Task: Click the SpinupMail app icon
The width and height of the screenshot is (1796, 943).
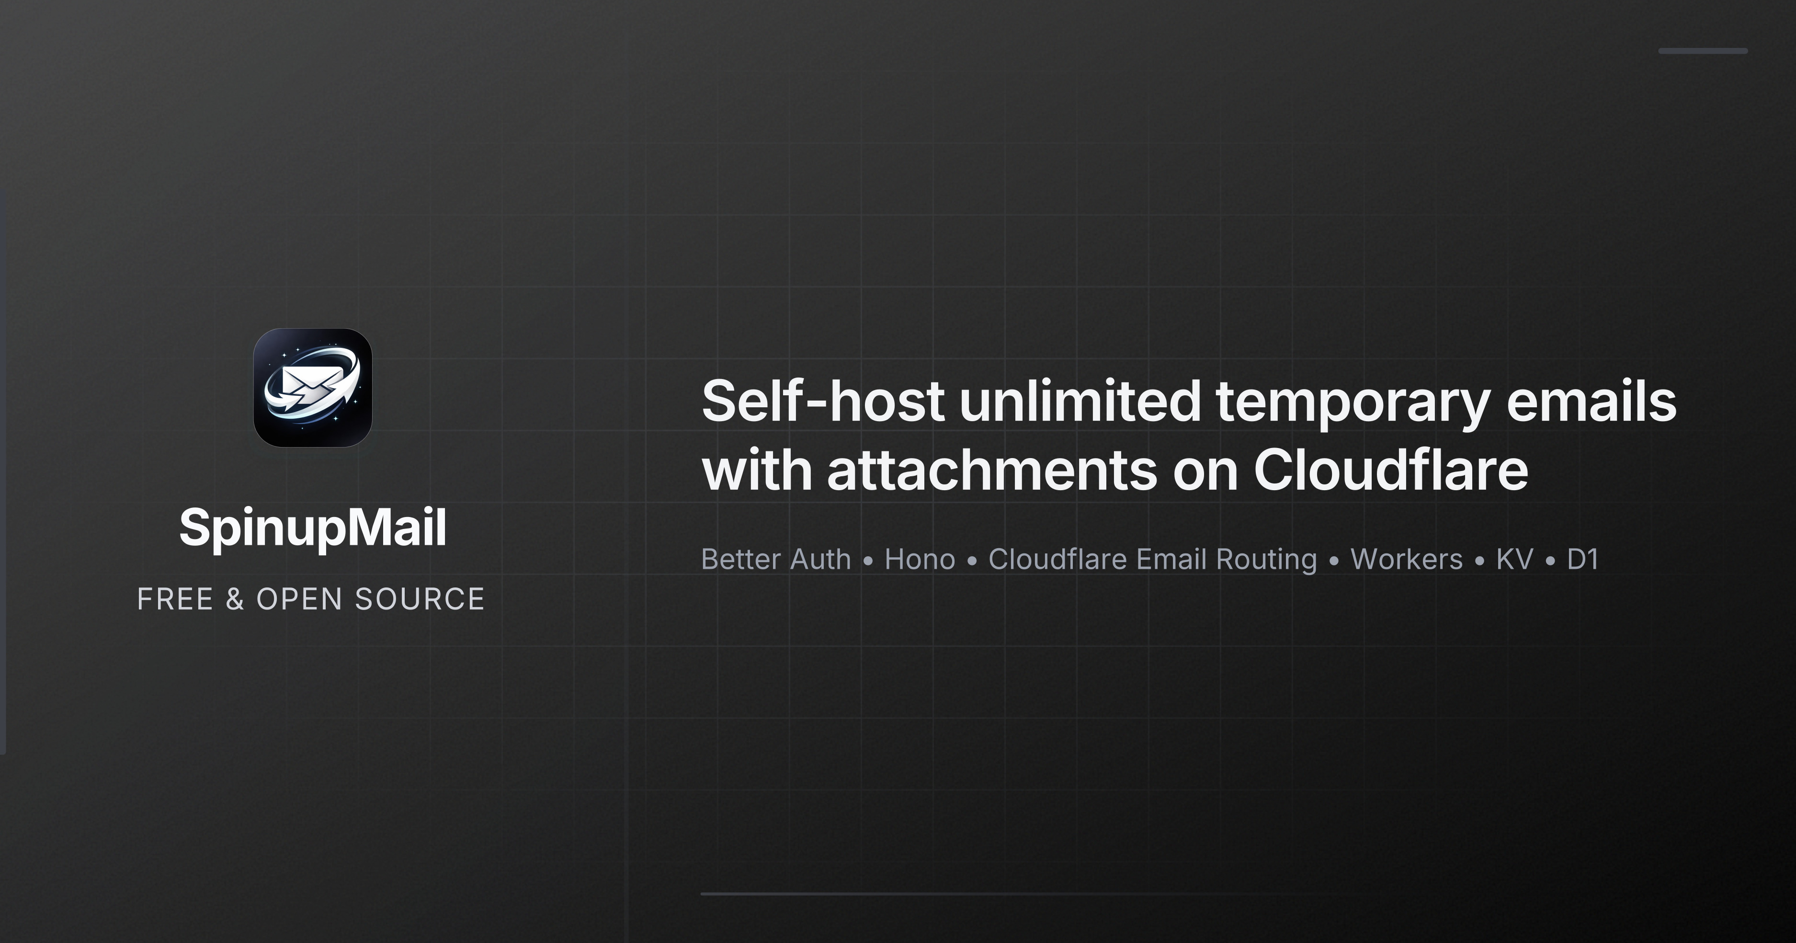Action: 312,388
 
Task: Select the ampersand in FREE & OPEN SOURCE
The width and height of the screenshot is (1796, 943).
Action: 235,599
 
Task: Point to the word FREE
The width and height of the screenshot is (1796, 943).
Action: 175,599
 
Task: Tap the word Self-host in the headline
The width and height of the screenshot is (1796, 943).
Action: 823,401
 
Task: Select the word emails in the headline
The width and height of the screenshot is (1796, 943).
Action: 1591,401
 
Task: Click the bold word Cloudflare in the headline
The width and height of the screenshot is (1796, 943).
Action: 1391,469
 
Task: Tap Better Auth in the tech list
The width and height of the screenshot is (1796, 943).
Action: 776,559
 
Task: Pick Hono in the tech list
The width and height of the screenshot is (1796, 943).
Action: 920,559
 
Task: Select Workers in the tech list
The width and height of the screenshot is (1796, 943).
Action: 1406,559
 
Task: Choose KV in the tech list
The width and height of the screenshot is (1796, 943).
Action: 1514,559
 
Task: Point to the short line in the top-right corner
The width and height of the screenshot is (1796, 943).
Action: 1703,51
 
